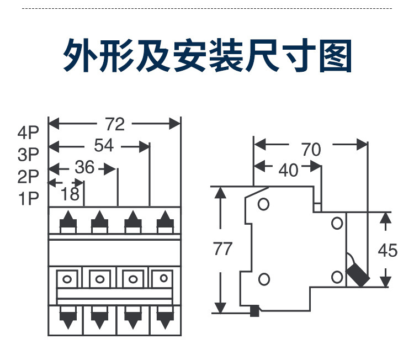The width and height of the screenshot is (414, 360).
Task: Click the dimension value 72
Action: click(x=115, y=124)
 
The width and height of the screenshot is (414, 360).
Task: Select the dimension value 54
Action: click(x=104, y=146)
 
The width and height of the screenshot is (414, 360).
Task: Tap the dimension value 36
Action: click(x=84, y=167)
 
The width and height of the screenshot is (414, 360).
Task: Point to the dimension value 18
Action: click(x=71, y=193)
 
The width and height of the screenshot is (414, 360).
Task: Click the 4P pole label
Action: click(x=29, y=133)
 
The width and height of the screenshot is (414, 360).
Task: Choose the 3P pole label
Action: click(x=29, y=154)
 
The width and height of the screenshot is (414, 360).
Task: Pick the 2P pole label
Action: click(x=29, y=176)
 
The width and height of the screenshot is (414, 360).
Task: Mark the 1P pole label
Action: click(x=29, y=198)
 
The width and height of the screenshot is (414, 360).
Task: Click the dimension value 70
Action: click(x=311, y=149)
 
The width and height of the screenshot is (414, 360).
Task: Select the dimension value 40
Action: click(x=288, y=170)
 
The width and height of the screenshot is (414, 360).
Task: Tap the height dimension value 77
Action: click(x=223, y=249)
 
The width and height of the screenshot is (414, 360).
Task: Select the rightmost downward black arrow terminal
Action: click(x=164, y=319)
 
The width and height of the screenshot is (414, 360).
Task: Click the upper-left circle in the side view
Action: click(x=264, y=204)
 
